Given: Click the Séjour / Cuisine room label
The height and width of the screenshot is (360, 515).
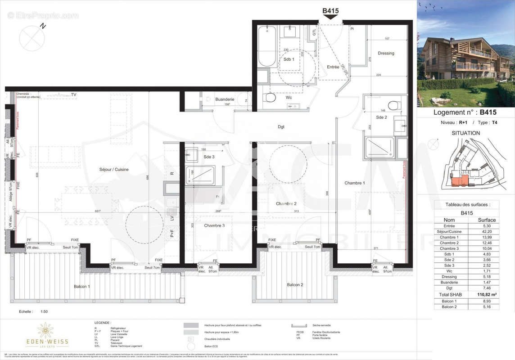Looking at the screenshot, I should pyautogui.click(x=114, y=169).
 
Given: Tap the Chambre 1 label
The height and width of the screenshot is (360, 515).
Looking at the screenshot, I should pyautogui.click(x=354, y=183).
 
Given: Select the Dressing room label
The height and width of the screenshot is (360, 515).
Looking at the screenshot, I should pyautogui.click(x=386, y=53).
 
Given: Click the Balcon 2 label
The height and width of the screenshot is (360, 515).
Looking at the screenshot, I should pyautogui.click(x=295, y=285).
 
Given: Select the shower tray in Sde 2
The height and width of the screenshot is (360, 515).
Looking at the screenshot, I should pyautogui.click(x=379, y=148).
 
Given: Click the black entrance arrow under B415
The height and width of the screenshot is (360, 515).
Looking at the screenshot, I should pyautogui.click(x=330, y=17).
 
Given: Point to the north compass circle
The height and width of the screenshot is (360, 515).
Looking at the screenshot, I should pyautogui.click(x=32, y=38).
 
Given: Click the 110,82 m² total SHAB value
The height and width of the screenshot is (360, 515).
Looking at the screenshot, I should pyautogui.click(x=487, y=295).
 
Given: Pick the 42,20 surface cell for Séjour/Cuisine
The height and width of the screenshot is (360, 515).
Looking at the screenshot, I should pyautogui.click(x=487, y=232).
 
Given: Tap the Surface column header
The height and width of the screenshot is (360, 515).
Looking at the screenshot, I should pyautogui.click(x=487, y=220).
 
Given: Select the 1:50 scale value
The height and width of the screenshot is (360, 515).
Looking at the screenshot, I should pyautogui.click(x=44, y=311).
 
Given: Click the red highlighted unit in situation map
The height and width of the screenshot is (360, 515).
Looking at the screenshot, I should pyautogui.click(x=459, y=181).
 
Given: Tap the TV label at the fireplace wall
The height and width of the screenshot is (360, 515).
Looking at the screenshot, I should pyautogui.click(x=73, y=95).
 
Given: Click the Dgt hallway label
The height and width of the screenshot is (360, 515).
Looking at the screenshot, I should pyautogui.click(x=281, y=127).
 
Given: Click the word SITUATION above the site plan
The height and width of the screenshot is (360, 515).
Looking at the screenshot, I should pyautogui.click(x=465, y=133).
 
